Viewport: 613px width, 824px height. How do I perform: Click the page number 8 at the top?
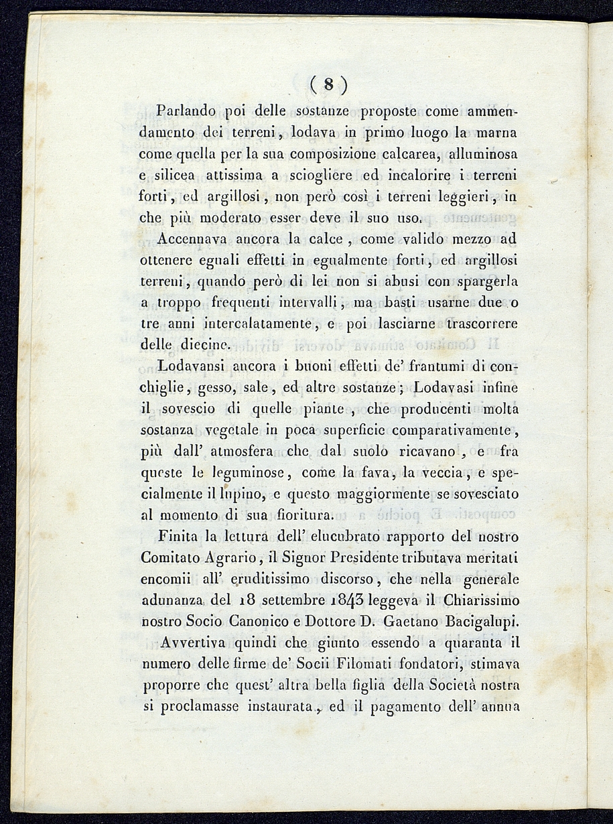tap(328, 85)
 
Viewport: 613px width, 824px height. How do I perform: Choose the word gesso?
tap(210, 388)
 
